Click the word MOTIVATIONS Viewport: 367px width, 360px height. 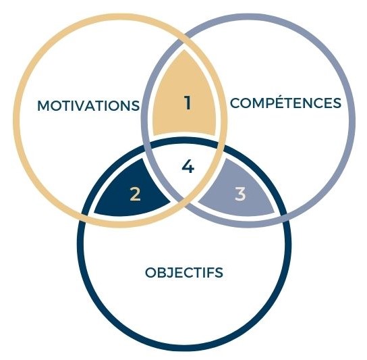(88, 105)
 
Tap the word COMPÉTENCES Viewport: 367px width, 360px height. (285, 103)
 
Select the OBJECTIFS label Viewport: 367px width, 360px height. (184, 272)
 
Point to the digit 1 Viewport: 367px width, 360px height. (188, 103)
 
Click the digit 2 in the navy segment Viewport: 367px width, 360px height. (135, 194)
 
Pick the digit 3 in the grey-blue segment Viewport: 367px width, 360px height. (240, 194)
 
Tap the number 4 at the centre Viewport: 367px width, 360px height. (188, 166)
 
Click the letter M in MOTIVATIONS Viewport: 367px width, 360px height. (44, 105)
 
